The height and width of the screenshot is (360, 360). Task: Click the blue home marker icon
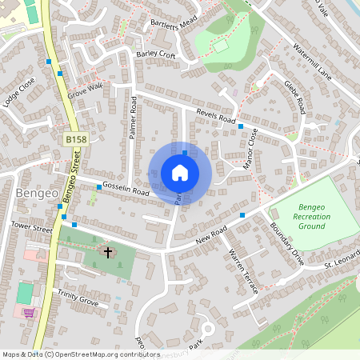180,173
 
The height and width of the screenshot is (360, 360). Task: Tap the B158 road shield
76,139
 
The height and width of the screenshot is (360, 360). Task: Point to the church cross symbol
109,253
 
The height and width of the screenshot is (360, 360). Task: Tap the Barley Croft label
155,54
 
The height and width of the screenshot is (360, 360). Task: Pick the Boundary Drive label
287,243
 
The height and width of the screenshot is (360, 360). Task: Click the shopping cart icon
30,312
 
